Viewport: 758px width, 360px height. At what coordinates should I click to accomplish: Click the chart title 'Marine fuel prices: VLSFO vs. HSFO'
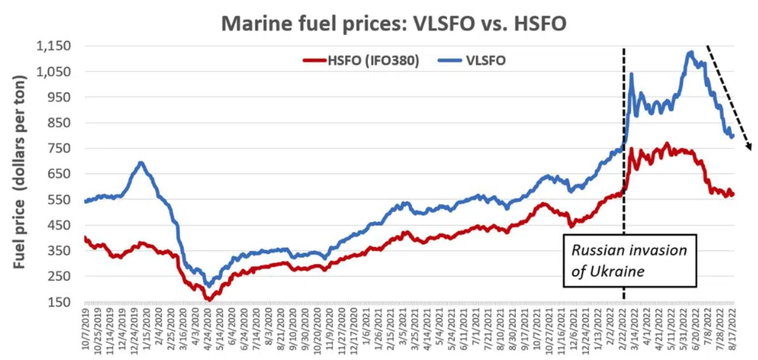(393, 23)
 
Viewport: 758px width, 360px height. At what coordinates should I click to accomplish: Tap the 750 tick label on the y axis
(61, 148)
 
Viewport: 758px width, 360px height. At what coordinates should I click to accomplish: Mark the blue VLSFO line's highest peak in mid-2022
(690, 53)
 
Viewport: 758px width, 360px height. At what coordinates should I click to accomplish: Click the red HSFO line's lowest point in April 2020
(208, 298)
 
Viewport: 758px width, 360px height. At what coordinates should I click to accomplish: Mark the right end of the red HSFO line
(732, 194)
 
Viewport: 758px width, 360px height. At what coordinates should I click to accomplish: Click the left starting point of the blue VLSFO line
(85, 201)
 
